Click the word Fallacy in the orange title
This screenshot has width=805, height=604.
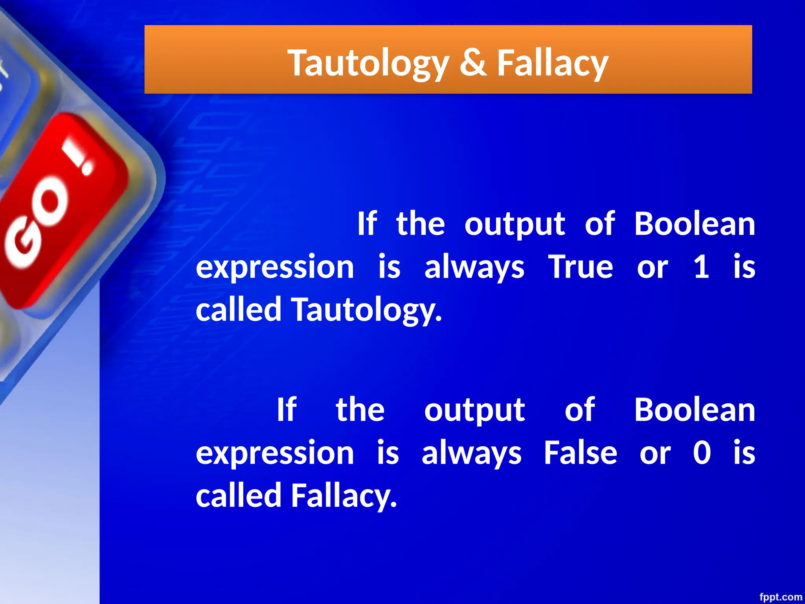(x=552, y=63)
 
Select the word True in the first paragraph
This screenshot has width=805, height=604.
(x=580, y=267)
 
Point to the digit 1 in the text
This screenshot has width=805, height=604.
(x=701, y=267)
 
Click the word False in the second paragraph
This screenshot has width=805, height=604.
(x=580, y=453)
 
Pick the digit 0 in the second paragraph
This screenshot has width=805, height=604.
(x=702, y=453)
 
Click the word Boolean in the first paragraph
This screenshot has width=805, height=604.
(x=695, y=224)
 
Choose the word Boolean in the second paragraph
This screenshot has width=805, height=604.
(x=695, y=410)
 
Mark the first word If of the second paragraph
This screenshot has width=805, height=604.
(x=286, y=410)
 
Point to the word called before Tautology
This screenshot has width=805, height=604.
(x=239, y=309)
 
